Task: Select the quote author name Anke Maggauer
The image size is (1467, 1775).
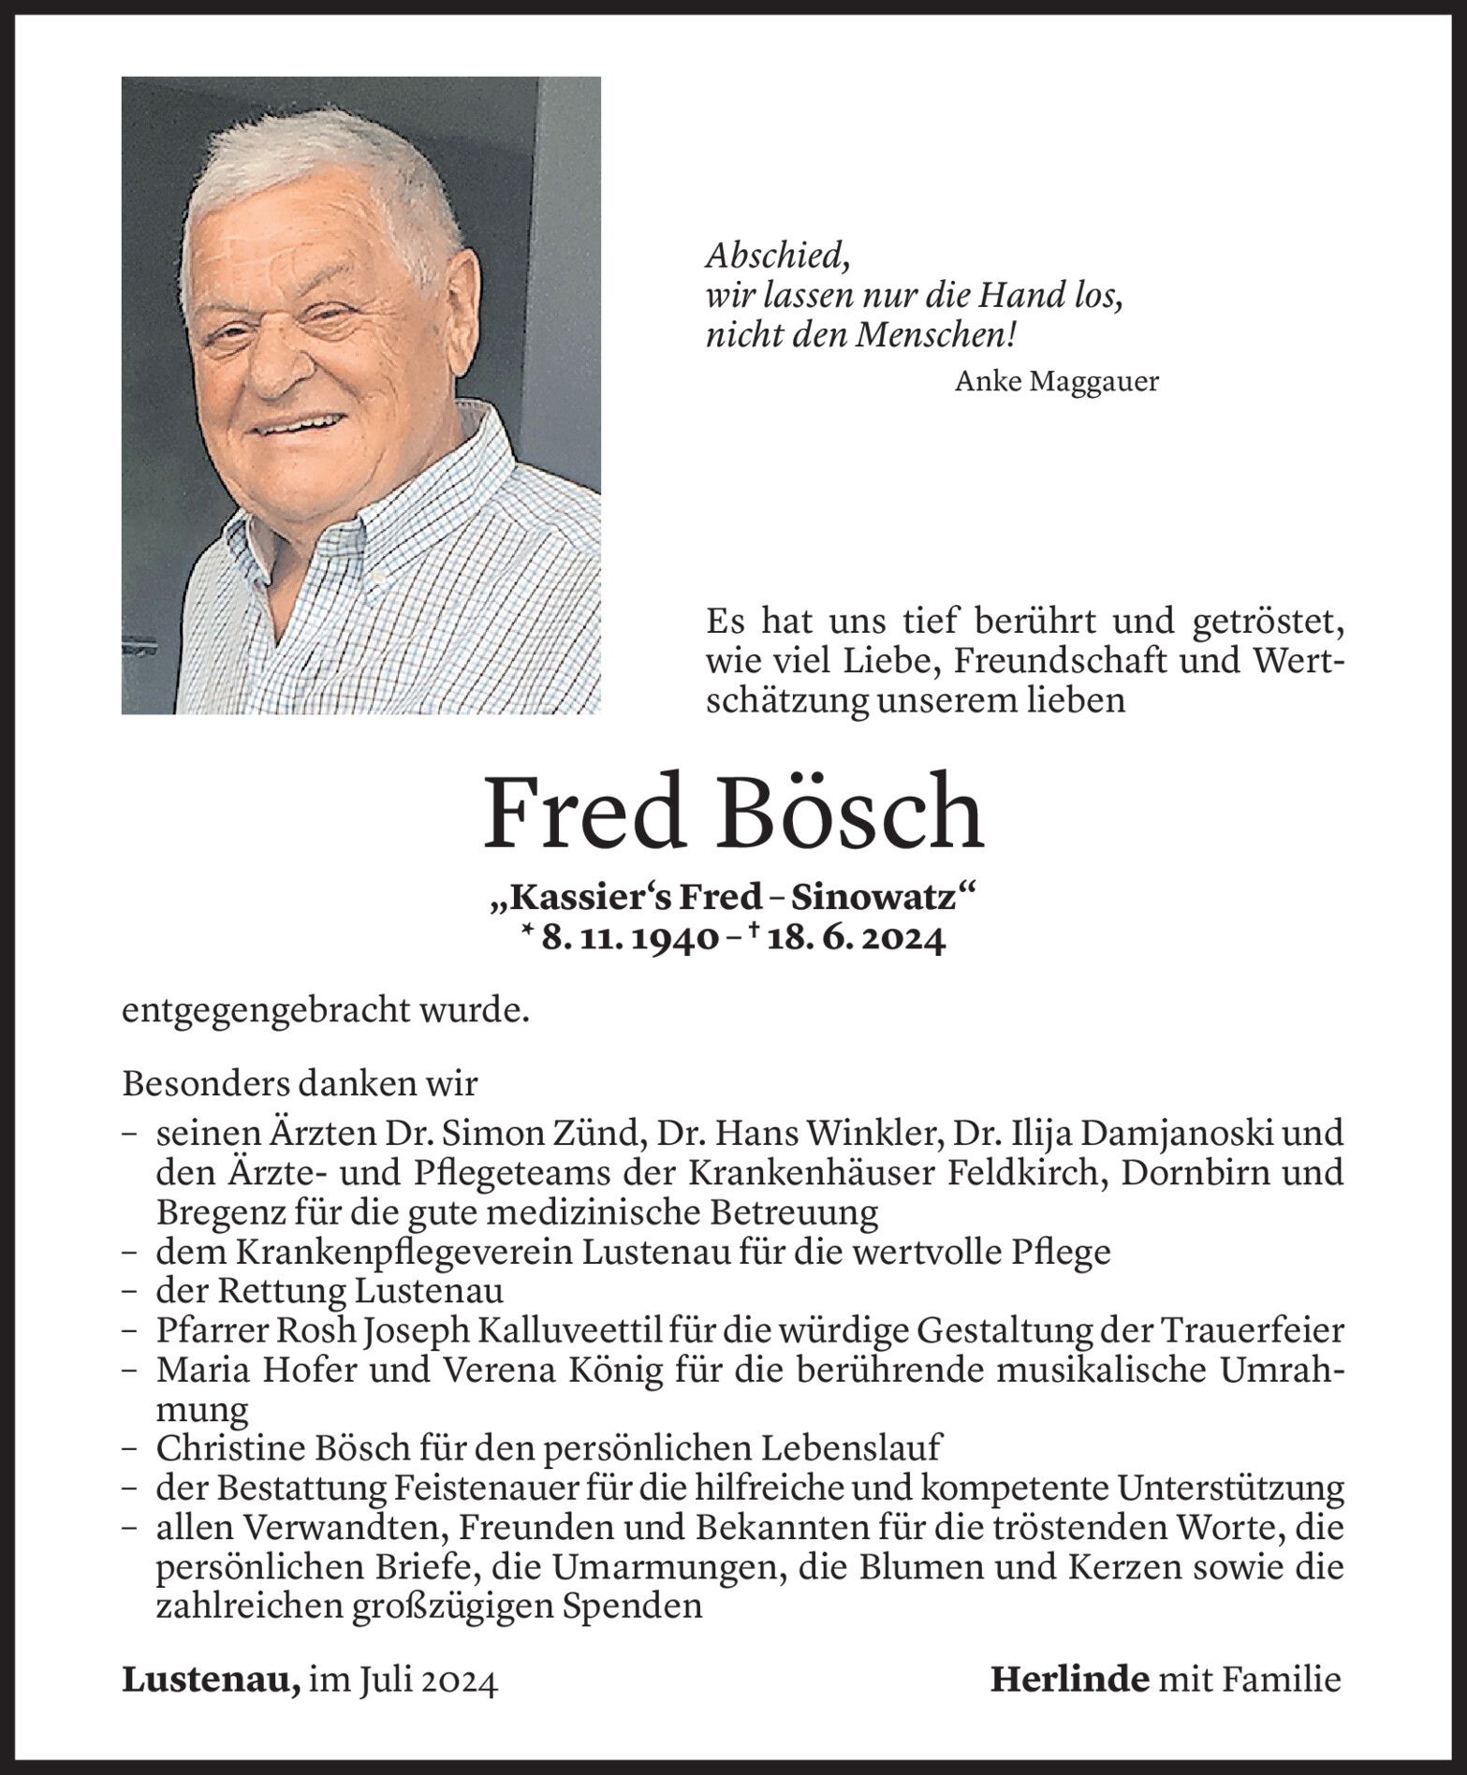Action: [x=1056, y=382]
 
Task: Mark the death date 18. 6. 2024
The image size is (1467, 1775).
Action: [x=856, y=939]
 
